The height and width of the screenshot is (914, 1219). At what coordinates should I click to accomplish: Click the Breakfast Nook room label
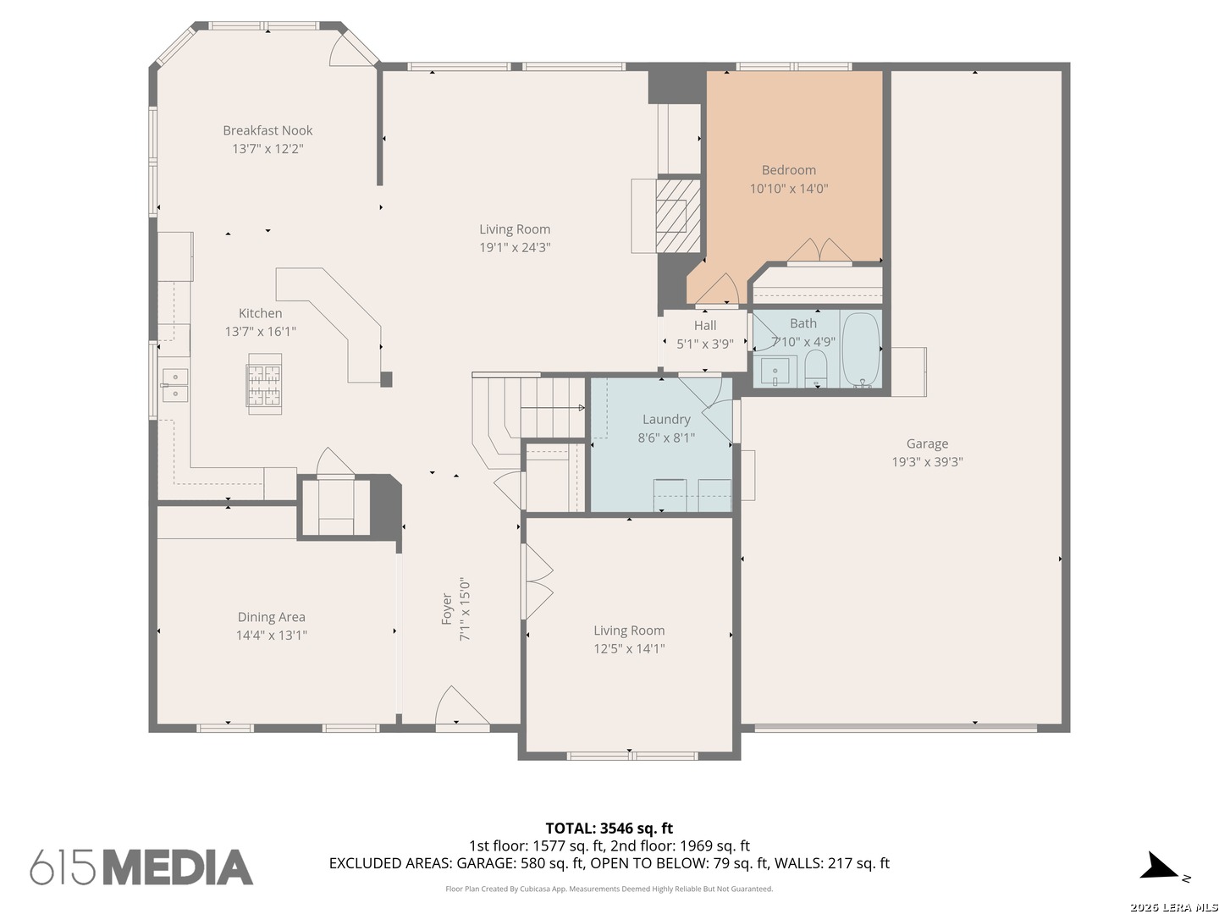click(x=268, y=130)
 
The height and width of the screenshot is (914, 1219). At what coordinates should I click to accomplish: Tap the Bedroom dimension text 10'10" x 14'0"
click(x=788, y=189)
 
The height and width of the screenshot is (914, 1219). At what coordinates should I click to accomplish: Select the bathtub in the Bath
click(x=860, y=349)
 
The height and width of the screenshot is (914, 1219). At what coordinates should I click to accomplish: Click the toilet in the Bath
click(x=815, y=368)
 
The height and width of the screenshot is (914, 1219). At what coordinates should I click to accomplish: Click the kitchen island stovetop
click(x=264, y=384)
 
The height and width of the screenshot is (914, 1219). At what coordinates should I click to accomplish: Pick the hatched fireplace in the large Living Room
click(x=677, y=216)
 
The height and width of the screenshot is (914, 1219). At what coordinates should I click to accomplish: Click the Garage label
click(x=926, y=444)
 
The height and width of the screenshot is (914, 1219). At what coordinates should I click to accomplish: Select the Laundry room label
click(x=666, y=420)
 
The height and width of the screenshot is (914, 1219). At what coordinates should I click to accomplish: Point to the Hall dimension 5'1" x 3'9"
click(x=704, y=344)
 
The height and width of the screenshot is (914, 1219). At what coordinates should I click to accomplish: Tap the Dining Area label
click(x=271, y=617)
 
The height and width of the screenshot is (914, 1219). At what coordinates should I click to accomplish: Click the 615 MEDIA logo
click(x=141, y=867)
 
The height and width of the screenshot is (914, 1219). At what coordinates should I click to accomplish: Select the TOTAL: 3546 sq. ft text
click(x=609, y=829)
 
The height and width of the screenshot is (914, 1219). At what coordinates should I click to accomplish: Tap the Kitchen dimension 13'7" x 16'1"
click(x=260, y=332)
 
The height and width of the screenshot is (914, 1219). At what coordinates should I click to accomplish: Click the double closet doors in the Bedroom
click(x=819, y=251)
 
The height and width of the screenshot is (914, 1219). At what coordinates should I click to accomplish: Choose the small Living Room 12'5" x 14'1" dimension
click(x=629, y=649)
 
